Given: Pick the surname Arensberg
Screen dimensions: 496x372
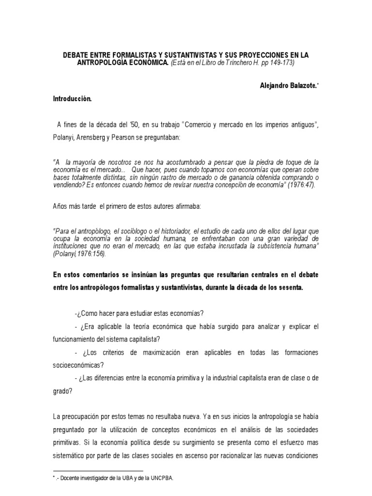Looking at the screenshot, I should point(95,138).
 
